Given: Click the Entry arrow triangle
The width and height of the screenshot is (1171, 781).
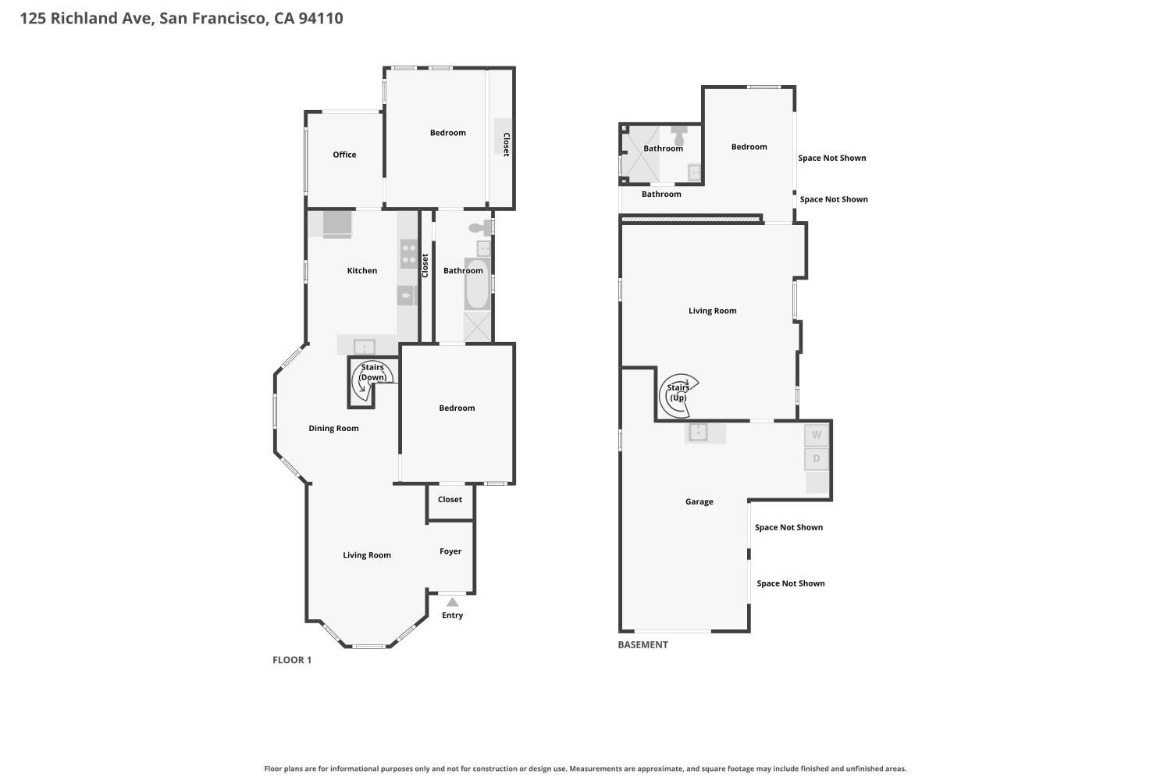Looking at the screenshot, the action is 452,602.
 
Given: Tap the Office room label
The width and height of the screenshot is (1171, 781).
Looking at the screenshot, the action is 344,155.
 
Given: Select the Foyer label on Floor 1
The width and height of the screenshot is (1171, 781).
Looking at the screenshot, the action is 450,551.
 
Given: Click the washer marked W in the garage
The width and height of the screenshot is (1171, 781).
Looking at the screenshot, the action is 816,435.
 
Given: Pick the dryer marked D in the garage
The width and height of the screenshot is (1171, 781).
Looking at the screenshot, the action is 816,458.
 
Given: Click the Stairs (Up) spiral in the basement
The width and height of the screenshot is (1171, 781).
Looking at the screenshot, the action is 678,396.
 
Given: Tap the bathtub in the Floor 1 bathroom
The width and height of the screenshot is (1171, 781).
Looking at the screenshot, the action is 477,284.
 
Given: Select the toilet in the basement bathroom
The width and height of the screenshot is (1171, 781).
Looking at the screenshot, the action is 679,135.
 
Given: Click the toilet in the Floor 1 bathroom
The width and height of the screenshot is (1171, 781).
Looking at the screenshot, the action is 480,227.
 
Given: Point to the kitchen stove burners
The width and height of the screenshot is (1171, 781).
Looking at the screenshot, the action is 409,254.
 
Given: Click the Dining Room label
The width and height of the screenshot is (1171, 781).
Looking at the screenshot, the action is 333,428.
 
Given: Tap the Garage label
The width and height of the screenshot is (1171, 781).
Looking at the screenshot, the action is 699,501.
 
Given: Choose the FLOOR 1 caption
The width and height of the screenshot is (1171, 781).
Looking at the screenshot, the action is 292,660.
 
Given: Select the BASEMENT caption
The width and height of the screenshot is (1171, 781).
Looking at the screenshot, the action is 642,644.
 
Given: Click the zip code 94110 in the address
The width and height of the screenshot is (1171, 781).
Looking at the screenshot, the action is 320,18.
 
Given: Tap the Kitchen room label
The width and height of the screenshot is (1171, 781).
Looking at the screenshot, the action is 361,270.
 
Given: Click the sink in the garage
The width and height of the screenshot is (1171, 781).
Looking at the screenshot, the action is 698,432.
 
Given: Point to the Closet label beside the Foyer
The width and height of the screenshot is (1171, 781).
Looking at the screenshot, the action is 450,499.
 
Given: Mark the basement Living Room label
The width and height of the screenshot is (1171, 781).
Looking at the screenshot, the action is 712,311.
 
